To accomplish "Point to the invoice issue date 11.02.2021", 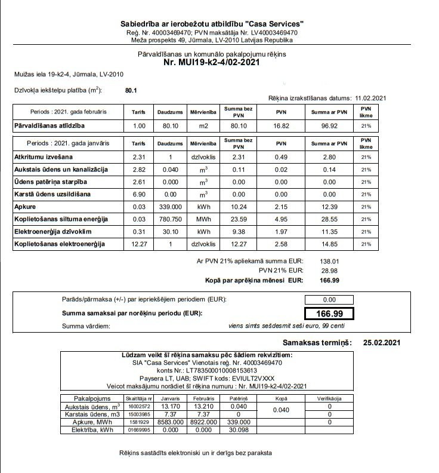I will (x=371, y=99).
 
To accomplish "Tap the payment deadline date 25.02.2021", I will (x=382, y=342).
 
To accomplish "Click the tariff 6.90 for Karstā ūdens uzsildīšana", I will (x=139, y=194).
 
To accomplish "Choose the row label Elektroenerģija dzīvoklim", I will (x=53, y=232).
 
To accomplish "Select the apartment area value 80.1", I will (x=131, y=90).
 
